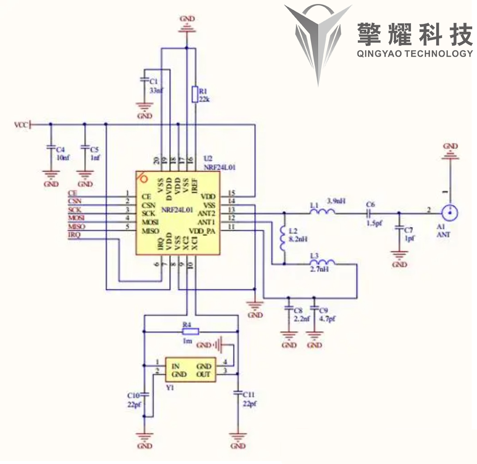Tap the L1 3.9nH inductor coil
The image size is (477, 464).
click(322, 213)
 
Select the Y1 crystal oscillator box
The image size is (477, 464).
click(190, 370)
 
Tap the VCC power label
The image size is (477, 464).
click(21, 125)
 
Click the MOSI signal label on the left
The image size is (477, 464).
click(76, 218)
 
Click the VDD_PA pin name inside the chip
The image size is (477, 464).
click(202, 231)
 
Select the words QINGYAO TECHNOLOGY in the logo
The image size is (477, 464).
click(415, 54)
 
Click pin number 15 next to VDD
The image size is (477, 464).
click(231, 193)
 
